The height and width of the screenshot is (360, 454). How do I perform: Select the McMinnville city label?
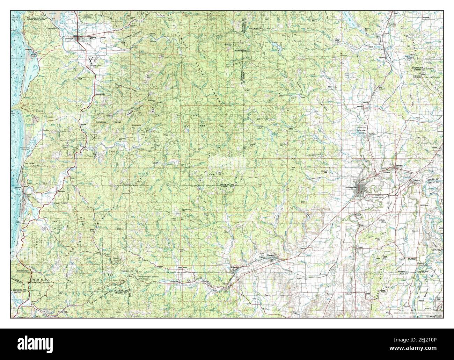[350, 188]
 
